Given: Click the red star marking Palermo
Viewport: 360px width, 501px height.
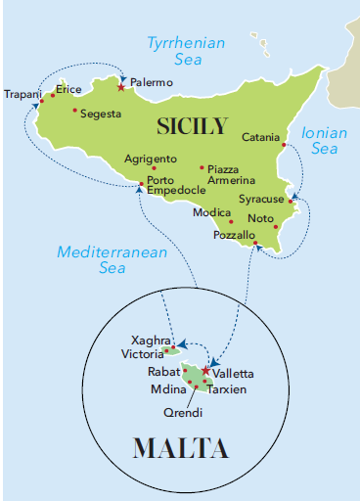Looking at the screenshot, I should pos(120,87).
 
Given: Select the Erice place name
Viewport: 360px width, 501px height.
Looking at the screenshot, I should pos(68,89).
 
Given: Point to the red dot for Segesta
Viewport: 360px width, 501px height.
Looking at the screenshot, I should pos(74,110).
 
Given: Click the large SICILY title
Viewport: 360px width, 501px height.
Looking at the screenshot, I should pos(192,125).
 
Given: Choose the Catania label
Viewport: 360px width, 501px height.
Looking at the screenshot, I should pos(261,137).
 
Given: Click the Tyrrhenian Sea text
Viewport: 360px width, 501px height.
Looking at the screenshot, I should pos(186,52).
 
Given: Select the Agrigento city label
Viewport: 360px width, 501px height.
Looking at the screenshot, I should pos(151,159).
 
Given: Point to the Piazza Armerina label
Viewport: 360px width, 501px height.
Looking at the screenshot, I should pos(231,174).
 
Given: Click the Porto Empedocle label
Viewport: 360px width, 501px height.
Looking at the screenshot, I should pos(176,184).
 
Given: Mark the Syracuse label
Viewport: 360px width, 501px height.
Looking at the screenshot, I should pos(261,200).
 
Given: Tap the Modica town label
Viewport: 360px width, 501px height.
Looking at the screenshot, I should pos(211,212).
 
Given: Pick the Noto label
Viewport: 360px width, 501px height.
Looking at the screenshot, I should pos(261,218).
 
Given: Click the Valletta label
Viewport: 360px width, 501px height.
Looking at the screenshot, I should pos(235,374).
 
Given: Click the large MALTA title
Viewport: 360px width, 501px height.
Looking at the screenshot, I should pos(180,448).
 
